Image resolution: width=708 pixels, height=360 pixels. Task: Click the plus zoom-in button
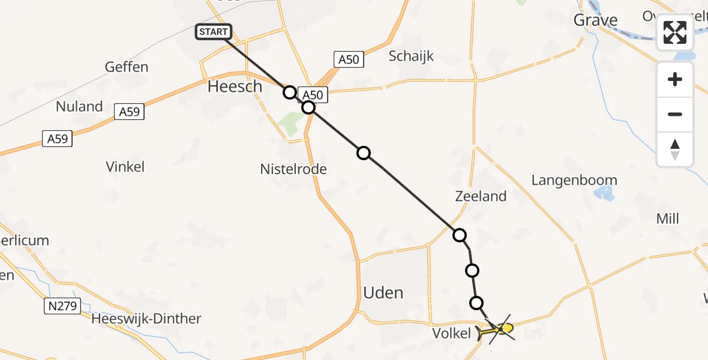(x=675, y=79)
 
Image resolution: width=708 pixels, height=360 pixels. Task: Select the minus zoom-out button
(x=675, y=114)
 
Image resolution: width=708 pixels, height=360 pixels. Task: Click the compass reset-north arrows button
(x=675, y=149)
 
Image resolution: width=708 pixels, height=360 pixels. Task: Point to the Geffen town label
(x=126, y=67)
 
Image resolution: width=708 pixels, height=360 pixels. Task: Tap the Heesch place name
(x=235, y=86)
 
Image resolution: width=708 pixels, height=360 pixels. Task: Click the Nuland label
(x=79, y=107)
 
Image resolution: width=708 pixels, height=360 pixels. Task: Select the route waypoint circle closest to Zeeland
(x=460, y=235)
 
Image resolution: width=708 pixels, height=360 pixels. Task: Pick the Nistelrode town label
(x=293, y=169)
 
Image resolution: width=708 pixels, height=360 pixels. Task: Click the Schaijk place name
(x=411, y=56)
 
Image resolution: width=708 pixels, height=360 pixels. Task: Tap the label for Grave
(x=595, y=20)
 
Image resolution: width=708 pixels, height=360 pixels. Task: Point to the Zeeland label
(x=481, y=196)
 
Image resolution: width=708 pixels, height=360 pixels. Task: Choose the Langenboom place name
(x=574, y=180)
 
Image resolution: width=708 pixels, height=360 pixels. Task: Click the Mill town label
(x=667, y=218)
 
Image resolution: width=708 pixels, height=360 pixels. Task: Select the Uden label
(x=383, y=293)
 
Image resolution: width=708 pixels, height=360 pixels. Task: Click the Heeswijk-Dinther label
(x=146, y=319)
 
